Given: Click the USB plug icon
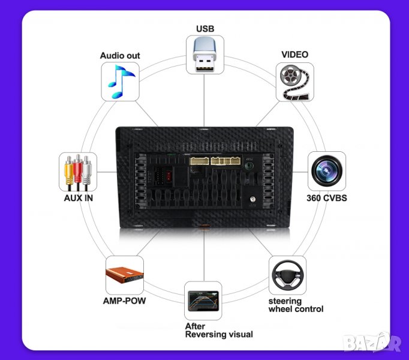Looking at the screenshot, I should [204, 55].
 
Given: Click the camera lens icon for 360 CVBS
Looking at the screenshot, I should [326, 171].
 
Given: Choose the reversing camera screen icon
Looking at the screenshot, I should [203, 300].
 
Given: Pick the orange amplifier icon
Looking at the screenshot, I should [125, 275].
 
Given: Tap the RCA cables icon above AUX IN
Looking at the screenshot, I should [78, 172].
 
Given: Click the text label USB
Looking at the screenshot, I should [204, 28].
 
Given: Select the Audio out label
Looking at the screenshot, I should [120, 56].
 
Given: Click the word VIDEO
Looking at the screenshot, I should [294, 55].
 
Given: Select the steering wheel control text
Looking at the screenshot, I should [296, 305].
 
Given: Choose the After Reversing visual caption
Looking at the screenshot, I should [218, 330].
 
